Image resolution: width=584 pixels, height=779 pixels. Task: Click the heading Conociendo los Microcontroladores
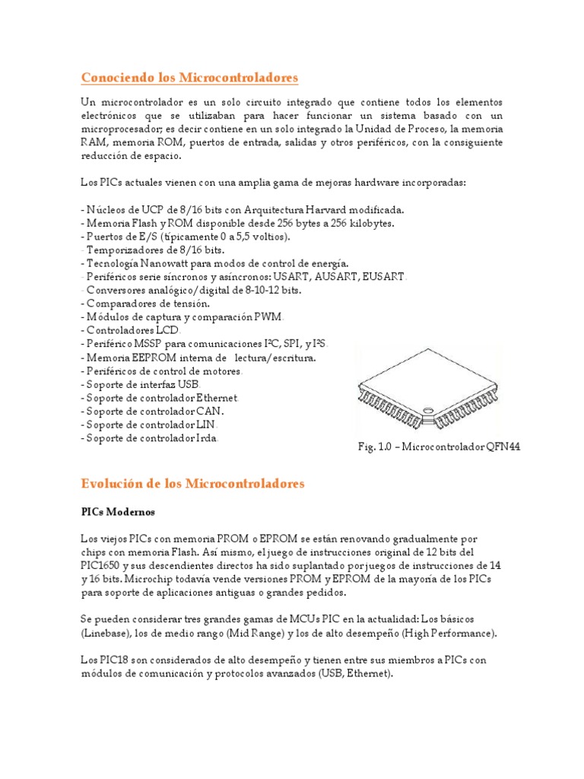[189, 78]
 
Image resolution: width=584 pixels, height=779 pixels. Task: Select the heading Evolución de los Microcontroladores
[192, 483]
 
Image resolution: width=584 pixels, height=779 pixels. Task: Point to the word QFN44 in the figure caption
[506, 447]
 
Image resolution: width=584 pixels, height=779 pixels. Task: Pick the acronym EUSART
[386, 277]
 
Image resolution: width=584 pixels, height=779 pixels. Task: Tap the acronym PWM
[271, 317]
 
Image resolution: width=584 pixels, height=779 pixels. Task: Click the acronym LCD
[166, 331]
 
